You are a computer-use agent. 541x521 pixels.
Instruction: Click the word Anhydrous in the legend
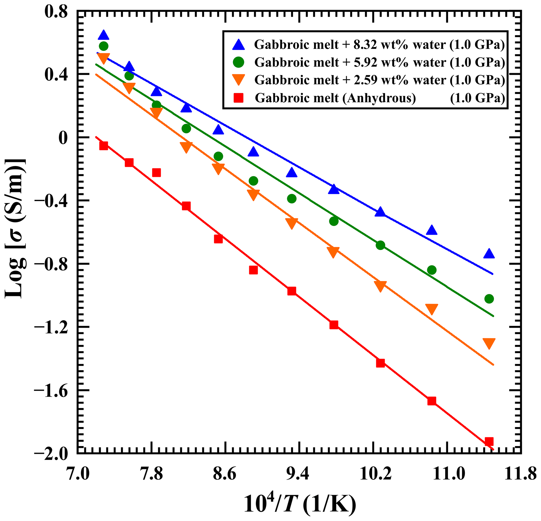379,98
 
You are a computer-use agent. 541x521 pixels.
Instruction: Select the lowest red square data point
489,441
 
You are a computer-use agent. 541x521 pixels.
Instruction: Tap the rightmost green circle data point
489,299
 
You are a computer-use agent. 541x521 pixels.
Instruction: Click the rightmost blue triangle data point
489,254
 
